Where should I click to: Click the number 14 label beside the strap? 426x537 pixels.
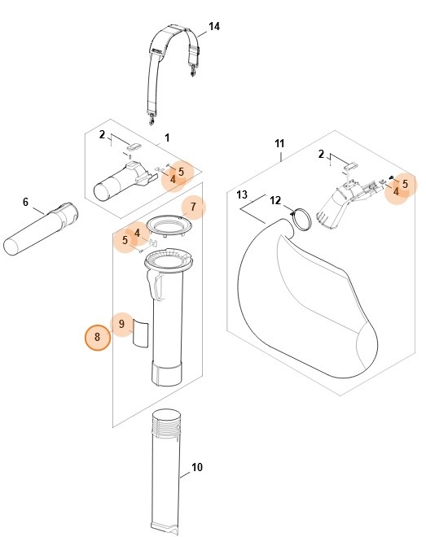coord(213,27)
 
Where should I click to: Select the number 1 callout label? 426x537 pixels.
coord(167,138)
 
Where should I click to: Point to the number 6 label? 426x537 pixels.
coord(25,202)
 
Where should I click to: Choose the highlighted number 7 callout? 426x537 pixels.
coord(193,207)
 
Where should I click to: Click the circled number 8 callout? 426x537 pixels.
coord(98,336)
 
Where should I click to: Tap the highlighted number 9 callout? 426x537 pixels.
coord(121,324)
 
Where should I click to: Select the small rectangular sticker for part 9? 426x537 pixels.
coord(141,333)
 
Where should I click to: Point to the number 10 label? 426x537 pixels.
coord(196,467)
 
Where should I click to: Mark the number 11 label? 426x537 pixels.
coord(279,144)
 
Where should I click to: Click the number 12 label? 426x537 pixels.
coord(275,200)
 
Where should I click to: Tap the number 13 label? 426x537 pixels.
coord(241,195)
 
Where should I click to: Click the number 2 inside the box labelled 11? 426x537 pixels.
coord(321,154)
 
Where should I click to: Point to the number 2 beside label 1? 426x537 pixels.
coord(103,134)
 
